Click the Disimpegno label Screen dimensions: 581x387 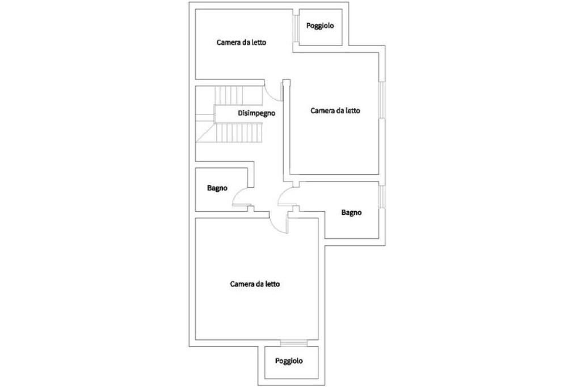256,113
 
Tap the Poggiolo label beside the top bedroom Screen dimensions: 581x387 320,26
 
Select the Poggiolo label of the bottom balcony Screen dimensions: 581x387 289,361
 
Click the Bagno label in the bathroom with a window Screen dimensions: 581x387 352,213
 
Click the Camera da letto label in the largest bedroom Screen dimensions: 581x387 255,284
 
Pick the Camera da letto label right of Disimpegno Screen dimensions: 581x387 335,111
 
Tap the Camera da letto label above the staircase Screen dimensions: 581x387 242,42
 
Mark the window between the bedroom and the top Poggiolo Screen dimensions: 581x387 296,27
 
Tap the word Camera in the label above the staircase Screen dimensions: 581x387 228,42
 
